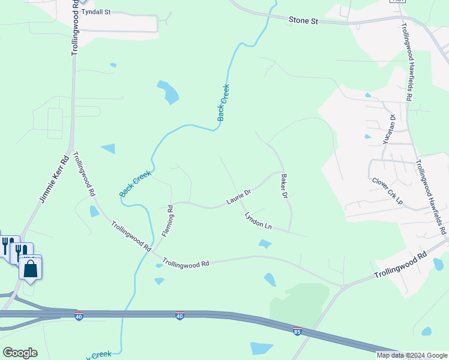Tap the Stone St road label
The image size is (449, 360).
[x=303, y=21]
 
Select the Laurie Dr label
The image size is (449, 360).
[x=238, y=196]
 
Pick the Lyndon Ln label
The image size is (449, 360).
[x=259, y=221]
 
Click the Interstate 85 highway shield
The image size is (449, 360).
[x=297, y=331]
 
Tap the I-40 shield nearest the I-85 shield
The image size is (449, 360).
[x=179, y=316]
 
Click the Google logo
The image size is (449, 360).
[x=20, y=353]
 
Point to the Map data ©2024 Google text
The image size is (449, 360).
[x=411, y=355]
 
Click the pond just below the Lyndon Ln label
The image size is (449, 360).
[x=264, y=244]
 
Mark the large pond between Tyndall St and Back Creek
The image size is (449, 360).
[x=169, y=92]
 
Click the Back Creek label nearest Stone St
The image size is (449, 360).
[x=223, y=103]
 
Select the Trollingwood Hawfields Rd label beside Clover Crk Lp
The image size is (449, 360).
[x=432, y=192]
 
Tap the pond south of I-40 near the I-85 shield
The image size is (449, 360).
[x=262, y=348]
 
